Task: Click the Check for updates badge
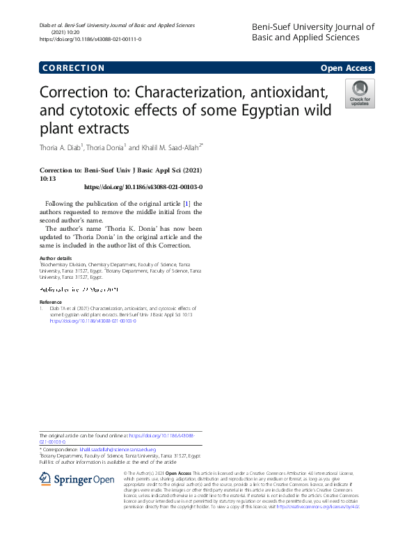coord(360,94)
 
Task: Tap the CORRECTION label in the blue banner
coord(73,68)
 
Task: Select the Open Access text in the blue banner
coord(347,68)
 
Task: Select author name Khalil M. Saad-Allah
coord(168,147)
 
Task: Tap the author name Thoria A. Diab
coord(61,147)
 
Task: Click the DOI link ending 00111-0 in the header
coord(90,39)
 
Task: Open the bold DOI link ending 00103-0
coord(143,187)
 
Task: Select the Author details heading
coord(56,258)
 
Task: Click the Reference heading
coord(51,302)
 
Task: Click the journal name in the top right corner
coord(312,32)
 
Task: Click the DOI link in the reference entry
coord(93,321)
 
